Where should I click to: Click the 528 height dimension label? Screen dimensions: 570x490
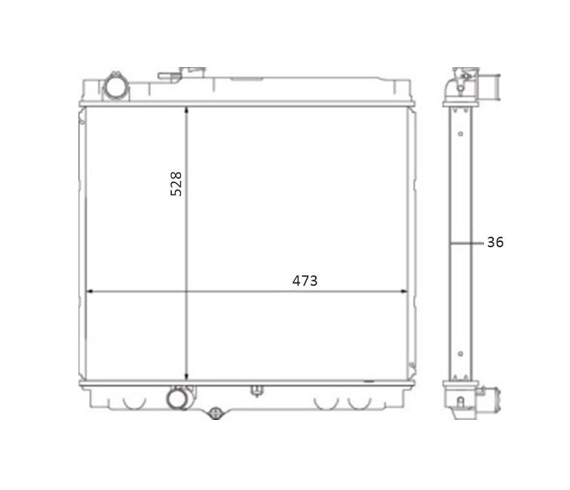click(x=176, y=184)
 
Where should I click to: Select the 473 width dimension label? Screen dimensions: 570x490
click(x=305, y=280)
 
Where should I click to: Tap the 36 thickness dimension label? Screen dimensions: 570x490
click(x=495, y=242)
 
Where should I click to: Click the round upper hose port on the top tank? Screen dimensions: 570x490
click(x=116, y=87)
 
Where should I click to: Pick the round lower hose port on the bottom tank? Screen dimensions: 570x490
click(x=178, y=398)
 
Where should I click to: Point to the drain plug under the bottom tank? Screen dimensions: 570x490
click(x=216, y=413)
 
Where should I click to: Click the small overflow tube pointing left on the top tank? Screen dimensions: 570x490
click(x=170, y=75)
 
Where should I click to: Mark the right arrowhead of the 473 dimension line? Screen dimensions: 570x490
click(x=403, y=291)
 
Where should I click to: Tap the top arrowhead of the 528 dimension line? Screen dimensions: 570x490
click(x=186, y=111)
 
